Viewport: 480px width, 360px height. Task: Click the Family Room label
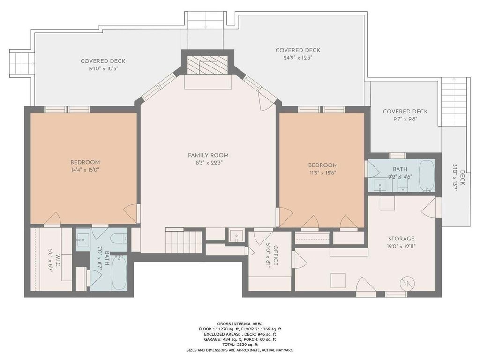(208, 155)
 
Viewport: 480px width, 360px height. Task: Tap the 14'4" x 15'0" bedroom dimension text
(85, 170)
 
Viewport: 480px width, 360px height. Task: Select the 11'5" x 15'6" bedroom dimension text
(322, 172)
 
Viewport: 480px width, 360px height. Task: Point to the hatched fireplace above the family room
(208, 65)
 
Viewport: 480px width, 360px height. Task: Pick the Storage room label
(401, 239)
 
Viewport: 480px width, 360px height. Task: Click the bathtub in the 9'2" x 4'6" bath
(427, 176)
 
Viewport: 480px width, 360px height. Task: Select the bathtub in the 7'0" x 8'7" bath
(119, 273)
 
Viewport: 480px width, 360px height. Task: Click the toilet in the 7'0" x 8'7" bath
(120, 238)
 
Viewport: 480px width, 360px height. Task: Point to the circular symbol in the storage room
(408, 283)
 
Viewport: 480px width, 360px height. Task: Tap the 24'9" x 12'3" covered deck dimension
(298, 58)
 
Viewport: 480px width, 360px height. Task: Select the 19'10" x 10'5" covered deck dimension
(103, 68)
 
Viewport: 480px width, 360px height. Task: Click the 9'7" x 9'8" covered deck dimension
(405, 119)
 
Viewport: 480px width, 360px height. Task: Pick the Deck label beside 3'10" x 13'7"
(462, 178)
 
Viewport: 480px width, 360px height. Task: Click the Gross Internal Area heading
(240, 323)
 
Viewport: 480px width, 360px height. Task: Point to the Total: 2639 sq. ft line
(240, 345)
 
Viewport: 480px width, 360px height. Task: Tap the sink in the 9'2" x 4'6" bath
(380, 185)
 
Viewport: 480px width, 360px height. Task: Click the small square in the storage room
(338, 281)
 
